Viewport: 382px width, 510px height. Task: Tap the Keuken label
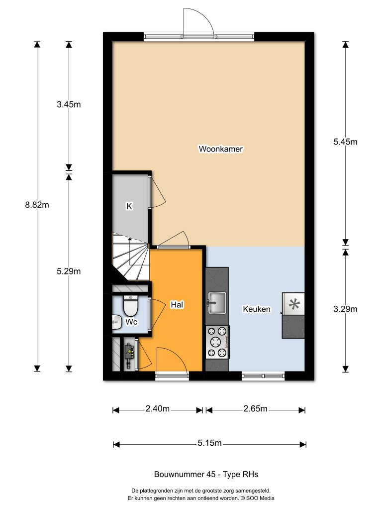pos(257,309)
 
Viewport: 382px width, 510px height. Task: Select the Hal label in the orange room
pos(176,304)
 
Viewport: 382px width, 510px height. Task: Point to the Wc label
pos(131,322)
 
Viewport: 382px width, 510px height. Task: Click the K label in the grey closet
pos(129,206)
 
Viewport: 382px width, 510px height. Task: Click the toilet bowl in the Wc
pos(130,307)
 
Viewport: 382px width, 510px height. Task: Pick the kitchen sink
pos(217,302)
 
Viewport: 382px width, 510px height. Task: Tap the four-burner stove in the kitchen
pos(217,342)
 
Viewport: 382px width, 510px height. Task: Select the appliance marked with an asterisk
pos(293,304)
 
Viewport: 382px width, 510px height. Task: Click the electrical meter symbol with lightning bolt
pos(129,354)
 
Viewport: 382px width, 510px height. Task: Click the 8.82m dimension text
pos(37,204)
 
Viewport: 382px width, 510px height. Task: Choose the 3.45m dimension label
pos(69,104)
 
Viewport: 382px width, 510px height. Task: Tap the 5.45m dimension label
pos(345,141)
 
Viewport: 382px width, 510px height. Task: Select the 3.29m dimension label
pos(345,309)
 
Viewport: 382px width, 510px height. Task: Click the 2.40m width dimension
pos(158,409)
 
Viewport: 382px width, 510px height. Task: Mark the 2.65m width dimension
pos(255,409)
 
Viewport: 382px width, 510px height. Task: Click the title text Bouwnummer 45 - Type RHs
pos(206,474)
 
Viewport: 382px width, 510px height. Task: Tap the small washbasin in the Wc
pos(116,323)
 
